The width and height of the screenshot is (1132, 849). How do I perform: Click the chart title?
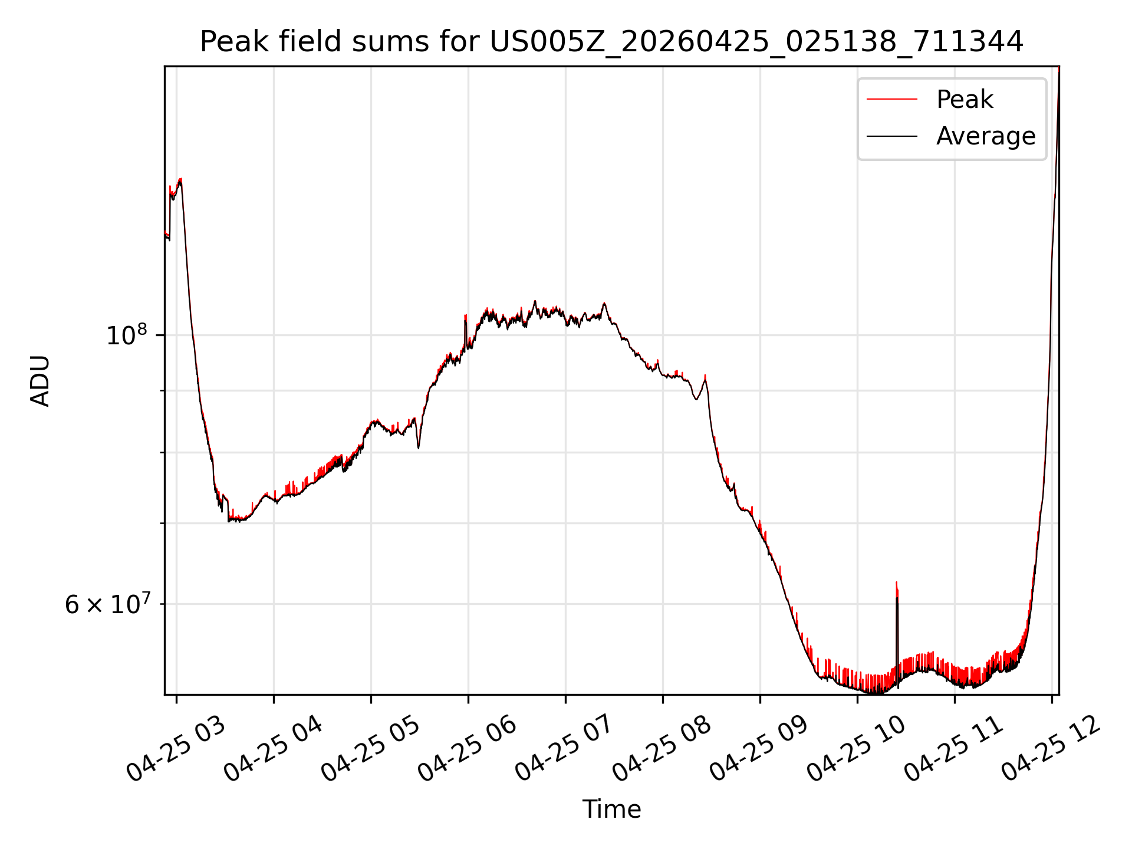tap(611, 42)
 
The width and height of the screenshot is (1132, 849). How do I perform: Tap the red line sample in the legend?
tap(892, 99)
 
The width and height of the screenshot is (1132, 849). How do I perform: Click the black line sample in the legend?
tap(892, 136)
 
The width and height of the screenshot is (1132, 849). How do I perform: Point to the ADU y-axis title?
tap(40, 381)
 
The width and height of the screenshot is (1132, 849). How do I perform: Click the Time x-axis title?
tap(611, 809)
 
